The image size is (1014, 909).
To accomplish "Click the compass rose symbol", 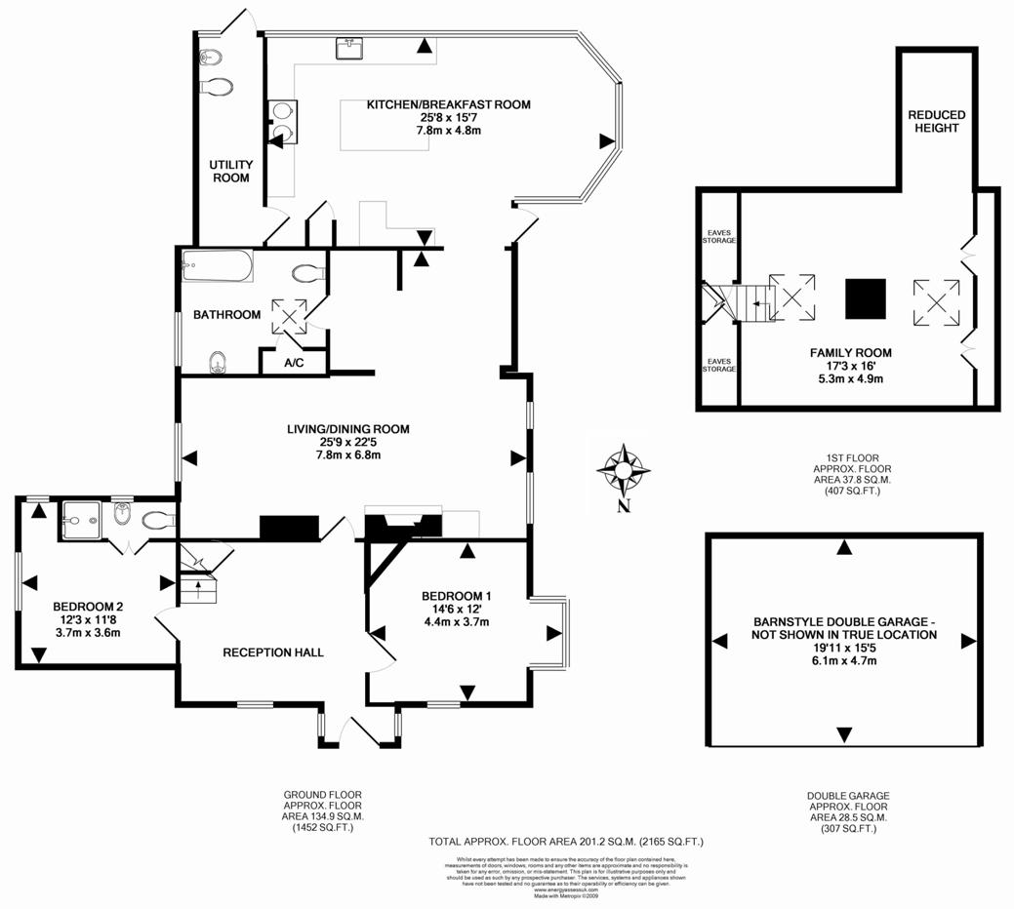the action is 623,469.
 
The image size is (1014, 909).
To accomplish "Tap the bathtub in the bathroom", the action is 217,265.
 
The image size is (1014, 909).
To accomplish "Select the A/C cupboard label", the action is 294,363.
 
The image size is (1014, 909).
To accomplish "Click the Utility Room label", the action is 231,172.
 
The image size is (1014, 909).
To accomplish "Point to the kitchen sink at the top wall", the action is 348,46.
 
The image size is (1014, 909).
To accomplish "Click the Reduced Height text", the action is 937,121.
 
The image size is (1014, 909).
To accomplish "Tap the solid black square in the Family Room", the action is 866,299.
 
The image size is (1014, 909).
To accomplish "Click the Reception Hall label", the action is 273,652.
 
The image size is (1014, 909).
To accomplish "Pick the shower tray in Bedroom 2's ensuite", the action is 75,521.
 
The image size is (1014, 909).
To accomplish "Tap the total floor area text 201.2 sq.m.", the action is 566,841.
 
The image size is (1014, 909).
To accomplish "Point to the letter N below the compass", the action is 623,506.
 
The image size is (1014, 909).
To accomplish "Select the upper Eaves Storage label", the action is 720,236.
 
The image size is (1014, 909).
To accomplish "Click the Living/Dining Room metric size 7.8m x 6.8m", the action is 348,455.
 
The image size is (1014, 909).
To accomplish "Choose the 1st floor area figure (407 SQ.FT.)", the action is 847,491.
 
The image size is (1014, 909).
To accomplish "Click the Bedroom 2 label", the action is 88,605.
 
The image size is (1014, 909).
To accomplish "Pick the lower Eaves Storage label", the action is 720,365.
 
